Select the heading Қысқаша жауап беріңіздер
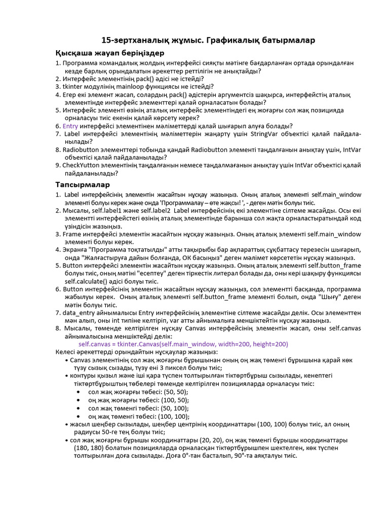[109, 53]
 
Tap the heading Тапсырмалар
[83, 184]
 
